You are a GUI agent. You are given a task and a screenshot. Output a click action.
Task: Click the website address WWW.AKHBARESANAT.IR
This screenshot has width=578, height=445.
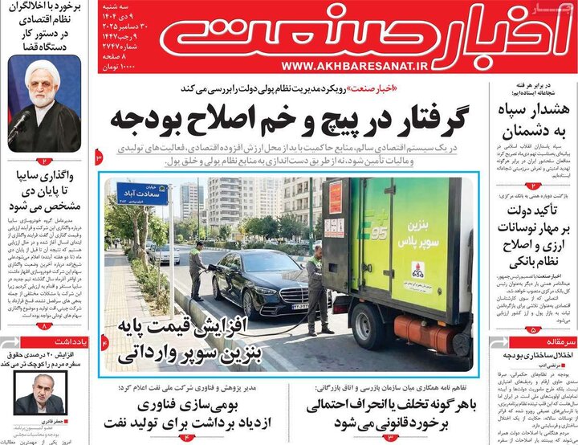pos(344,66)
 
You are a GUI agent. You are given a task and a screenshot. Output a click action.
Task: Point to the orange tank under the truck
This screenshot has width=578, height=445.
pos(430,332)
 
